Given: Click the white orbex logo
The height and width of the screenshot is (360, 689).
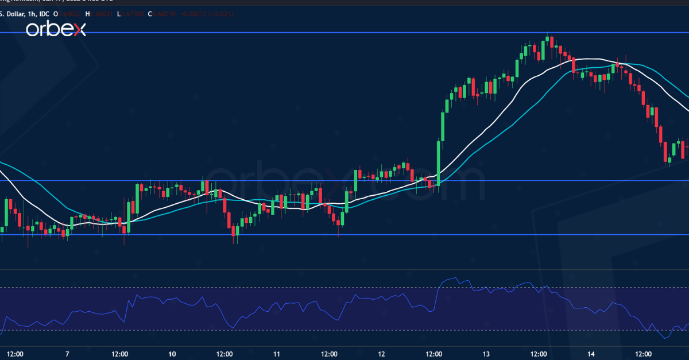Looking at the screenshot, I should (55, 29).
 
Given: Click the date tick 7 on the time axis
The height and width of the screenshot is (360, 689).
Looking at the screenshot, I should (67, 354).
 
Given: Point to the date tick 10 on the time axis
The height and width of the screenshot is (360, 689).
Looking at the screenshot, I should (172, 354).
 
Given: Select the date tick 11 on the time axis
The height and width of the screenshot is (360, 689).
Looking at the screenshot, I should (276, 354).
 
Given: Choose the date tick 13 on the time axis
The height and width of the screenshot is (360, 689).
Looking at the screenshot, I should (486, 354).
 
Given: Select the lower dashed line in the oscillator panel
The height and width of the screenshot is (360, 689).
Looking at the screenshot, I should (344, 330).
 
